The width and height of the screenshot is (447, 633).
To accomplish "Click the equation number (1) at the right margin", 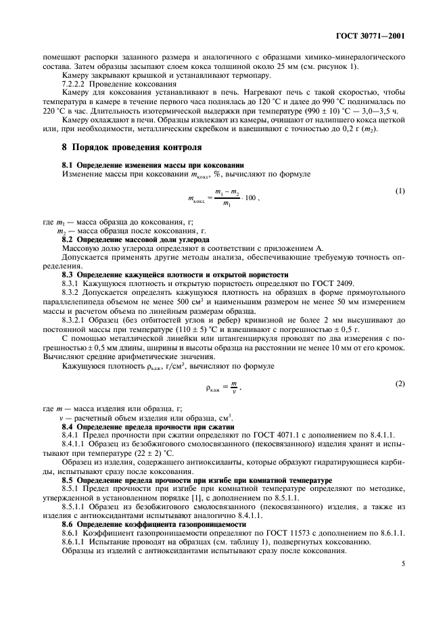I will tap(400, 191).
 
